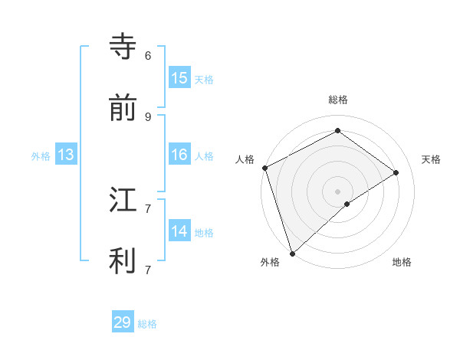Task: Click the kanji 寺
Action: pyautogui.click(x=123, y=46)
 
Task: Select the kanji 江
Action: pyautogui.click(x=123, y=199)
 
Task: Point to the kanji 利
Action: pyautogui.click(x=123, y=260)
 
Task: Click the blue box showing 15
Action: pyautogui.click(x=179, y=78)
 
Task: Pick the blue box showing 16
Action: pyautogui.click(x=179, y=155)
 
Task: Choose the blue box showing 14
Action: pyautogui.click(x=179, y=231)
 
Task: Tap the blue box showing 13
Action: pyautogui.click(x=65, y=155)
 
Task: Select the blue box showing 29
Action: pyautogui.click(x=123, y=322)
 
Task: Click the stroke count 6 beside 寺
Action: pyautogui.click(x=148, y=55)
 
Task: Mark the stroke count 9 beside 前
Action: pyautogui.click(x=148, y=116)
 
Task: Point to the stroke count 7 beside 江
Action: pyautogui.click(x=148, y=208)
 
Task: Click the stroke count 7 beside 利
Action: pyautogui.click(x=148, y=270)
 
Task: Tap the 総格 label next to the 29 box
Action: pyautogui.click(x=147, y=324)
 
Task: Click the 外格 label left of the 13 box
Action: pyautogui.click(x=41, y=156)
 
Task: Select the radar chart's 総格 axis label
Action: pyautogui.click(x=337, y=100)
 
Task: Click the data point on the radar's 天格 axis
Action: pyautogui.click(x=396, y=172)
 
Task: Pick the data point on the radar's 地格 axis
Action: pyautogui.click(x=347, y=204)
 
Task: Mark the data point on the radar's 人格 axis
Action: pyautogui.click(x=264, y=168)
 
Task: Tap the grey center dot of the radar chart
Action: pyautogui.click(x=337, y=191)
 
